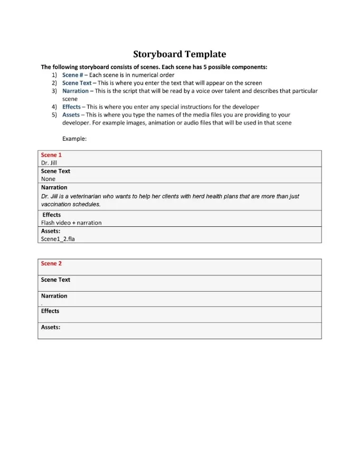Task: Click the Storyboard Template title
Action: (x=179, y=54)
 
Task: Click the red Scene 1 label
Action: (x=51, y=155)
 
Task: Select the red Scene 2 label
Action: (x=51, y=264)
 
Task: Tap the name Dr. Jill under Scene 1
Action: (x=49, y=163)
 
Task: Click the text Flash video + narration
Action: (x=71, y=223)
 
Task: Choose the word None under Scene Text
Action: (x=48, y=179)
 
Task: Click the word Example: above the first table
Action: (x=74, y=139)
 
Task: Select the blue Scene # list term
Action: (x=73, y=75)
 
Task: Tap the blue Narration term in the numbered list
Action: (x=75, y=91)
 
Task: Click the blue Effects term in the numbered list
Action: (x=71, y=107)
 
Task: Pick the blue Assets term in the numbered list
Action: (x=71, y=114)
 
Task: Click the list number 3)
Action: (x=54, y=91)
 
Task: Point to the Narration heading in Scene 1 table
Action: (x=54, y=187)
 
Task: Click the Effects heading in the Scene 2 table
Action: (x=50, y=311)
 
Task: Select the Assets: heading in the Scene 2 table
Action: (x=51, y=327)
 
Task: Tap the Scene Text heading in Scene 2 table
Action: (x=55, y=280)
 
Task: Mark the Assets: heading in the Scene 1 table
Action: (x=51, y=230)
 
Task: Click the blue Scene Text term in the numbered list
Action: (x=77, y=83)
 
